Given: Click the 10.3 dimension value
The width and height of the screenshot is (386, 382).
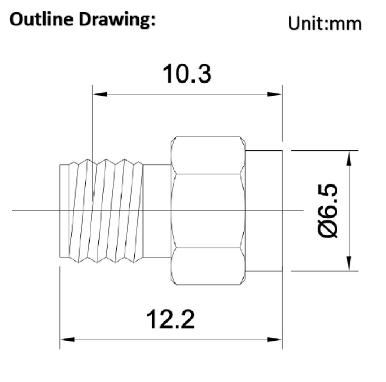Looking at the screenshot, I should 187,74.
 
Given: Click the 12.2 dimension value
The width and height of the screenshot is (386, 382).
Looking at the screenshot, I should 171,320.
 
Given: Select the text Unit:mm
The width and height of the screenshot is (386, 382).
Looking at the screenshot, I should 325,24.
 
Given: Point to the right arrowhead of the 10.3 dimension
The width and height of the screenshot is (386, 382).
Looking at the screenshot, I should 275,94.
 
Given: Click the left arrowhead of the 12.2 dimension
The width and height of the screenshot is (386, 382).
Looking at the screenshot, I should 67,340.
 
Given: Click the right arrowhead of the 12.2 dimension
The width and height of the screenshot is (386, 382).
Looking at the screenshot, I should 275,340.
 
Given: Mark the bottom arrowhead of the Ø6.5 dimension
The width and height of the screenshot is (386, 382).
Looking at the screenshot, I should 349,264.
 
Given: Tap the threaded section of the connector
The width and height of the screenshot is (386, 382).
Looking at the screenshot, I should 106,211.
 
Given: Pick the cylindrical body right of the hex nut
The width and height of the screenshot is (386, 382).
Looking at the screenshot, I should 264,211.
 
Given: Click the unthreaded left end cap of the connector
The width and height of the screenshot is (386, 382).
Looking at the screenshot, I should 64,211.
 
